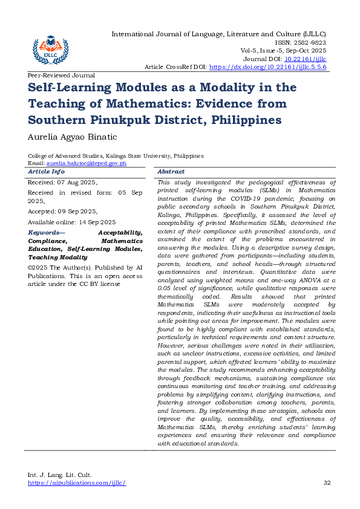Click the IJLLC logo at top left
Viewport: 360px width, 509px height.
pos(50,47)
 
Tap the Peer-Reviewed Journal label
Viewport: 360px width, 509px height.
pos(61,76)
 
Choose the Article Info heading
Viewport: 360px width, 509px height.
pos(47,172)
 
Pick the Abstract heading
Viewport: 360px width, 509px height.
pos(171,172)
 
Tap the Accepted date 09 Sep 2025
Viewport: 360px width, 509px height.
pos(80,211)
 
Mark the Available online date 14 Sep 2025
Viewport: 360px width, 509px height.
pos(90,222)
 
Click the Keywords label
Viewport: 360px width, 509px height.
pos(47,232)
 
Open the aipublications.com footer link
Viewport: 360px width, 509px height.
pos(77,483)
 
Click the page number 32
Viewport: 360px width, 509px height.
pos(327,483)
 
